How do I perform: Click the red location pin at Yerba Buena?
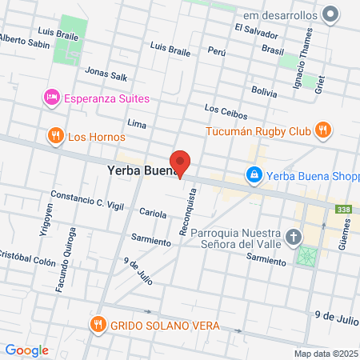(x=181, y=163)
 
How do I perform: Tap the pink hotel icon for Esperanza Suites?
(x=50, y=98)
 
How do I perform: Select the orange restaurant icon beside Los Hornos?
(x=55, y=136)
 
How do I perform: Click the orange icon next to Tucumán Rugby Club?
(x=322, y=130)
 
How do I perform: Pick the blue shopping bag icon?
(x=254, y=176)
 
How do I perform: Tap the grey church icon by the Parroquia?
(x=294, y=237)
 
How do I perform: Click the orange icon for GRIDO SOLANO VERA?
(x=97, y=326)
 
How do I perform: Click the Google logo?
(x=26, y=350)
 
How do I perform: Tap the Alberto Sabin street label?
(x=24, y=42)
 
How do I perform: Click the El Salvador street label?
(x=257, y=31)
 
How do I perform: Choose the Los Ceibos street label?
(x=222, y=108)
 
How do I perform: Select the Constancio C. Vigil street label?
(x=87, y=200)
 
